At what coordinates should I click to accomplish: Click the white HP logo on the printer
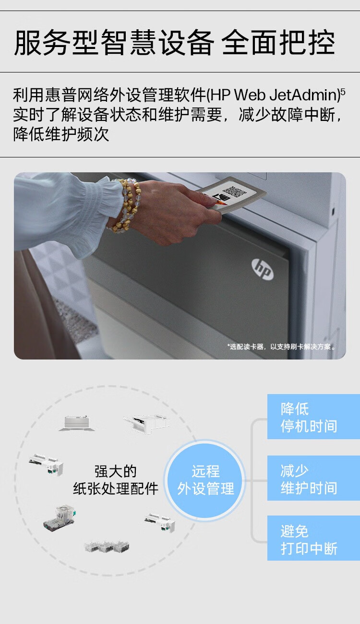point(263,269)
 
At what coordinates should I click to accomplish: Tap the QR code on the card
point(235,192)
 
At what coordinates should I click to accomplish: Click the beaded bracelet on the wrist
point(124,205)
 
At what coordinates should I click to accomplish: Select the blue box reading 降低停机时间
point(313,417)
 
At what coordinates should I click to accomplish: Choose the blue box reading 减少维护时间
point(313,479)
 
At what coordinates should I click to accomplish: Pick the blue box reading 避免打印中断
point(313,539)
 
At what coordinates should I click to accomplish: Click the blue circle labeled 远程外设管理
point(205,480)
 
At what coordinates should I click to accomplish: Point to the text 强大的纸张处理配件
point(116,480)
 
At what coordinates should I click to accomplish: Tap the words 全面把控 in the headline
point(278,43)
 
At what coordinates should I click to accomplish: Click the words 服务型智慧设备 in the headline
point(113,43)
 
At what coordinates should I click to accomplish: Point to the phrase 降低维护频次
point(61,134)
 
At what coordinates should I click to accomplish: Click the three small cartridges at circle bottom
point(107,547)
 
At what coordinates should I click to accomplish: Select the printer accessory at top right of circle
point(146,423)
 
